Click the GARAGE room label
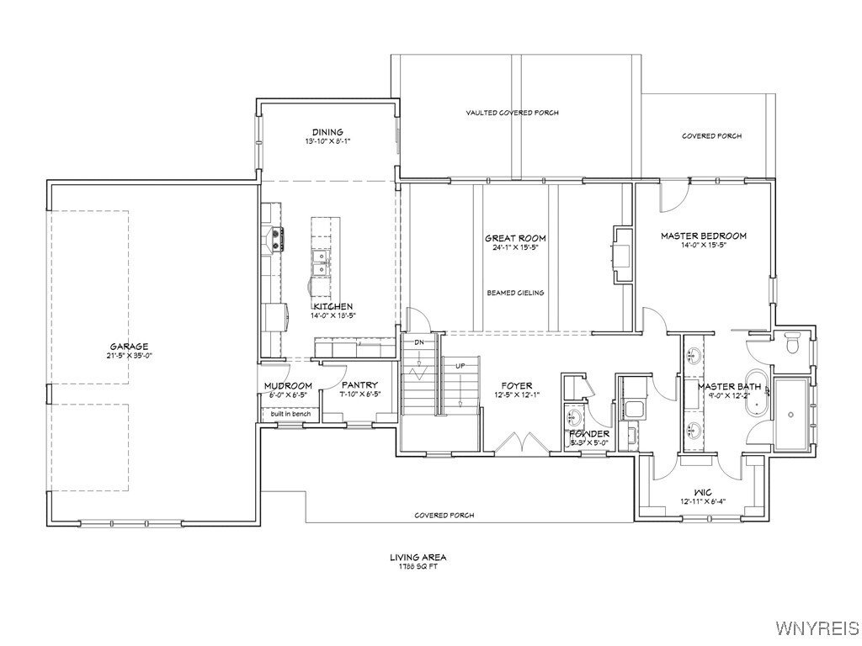pyautogui.click(x=129, y=347)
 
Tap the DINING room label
pyautogui.click(x=327, y=132)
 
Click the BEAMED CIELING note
pyautogui.click(x=515, y=293)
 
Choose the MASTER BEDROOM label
pyautogui.click(x=703, y=236)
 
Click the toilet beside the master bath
pyautogui.click(x=792, y=345)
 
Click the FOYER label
pyautogui.click(x=514, y=386)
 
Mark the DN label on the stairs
pyautogui.click(x=418, y=342)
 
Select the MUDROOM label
pyautogui.click(x=288, y=386)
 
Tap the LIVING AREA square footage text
pyautogui.click(x=418, y=561)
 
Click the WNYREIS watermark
pyautogui.click(x=817, y=628)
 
